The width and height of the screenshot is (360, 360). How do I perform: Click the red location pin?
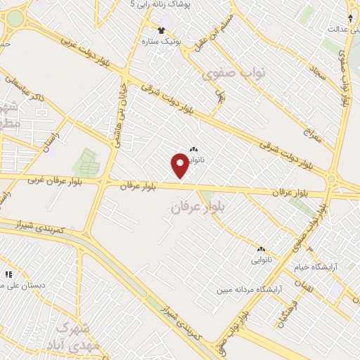pyautogui.click(x=179, y=166)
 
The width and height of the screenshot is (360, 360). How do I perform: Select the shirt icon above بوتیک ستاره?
pyautogui.click(x=161, y=30)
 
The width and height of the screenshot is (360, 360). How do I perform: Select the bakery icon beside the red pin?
pyautogui.click(x=193, y=149)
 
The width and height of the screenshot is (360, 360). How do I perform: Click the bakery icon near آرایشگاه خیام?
pyautogui.click(x=261, y=249)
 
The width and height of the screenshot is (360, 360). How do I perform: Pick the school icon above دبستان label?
pyautogui.click(x=8, y=274)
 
